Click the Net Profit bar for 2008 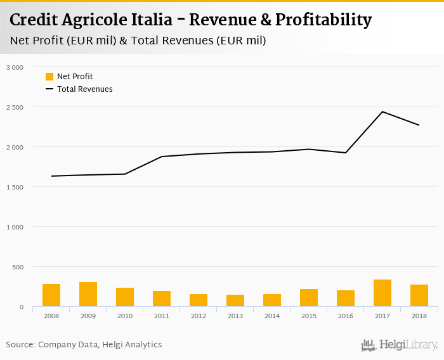(51, 295)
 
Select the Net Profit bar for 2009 (88, 294)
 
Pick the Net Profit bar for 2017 (382, 293)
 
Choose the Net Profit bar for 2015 (309, 298)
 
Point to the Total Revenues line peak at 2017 (382, 112)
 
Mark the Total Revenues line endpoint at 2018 (419, 125)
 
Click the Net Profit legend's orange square (49, 77)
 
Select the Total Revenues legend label (85, 89)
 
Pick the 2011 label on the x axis (162, 316)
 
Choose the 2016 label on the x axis (346, 316)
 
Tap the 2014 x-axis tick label (272, 316)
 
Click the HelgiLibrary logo (399, 345)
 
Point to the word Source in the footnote (20, 345)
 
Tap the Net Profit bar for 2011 (162, 299)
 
